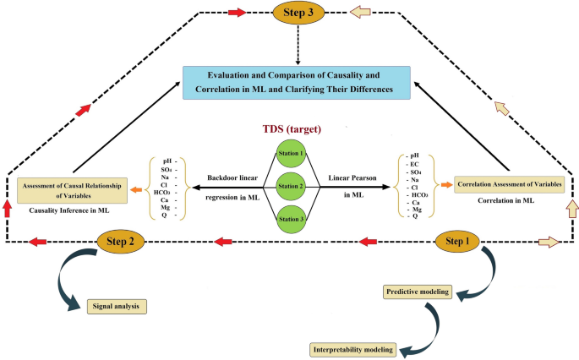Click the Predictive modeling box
point(418,292)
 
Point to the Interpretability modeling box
point(352,348)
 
